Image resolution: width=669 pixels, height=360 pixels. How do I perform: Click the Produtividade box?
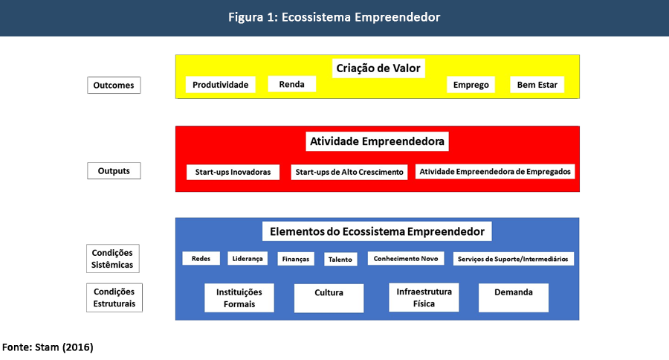pyautogui.click(x=220, y=85)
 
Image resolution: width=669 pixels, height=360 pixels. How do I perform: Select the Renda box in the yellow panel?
pyautogui.click(x=291, y=84)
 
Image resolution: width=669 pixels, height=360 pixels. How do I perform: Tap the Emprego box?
pyautogui.click(x=471, y=85)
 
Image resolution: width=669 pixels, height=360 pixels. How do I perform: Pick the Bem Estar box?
pyautogui.click(x=537, y=85)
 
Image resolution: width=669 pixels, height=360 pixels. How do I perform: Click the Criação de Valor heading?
pyautogui.click(x=378, y=68)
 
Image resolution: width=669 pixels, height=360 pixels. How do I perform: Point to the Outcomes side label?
pyautogui.click(x=114, y=86)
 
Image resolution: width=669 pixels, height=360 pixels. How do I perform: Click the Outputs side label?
pyautogui.click(x=114, y=171)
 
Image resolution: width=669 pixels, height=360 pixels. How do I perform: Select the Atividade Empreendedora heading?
pyautogui.click(x=377, y=141)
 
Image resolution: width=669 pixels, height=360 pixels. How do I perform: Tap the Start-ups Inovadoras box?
pyautogui.click(x=233, y=172)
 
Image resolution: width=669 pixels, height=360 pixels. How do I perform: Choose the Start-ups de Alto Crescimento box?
pyautogui.click(x=349, y=172)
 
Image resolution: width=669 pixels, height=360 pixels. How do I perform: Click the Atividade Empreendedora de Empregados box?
pyautogui.click(x=495, y=171)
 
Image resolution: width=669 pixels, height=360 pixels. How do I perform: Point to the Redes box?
pyautogui.click(x=201, y=259)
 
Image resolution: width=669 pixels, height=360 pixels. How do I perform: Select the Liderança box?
pyautogui.click(x=248, y=259)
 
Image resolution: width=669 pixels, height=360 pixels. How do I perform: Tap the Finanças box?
pyautogui.click(x=294, y=260)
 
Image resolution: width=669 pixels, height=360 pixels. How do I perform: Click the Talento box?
pyautogui.click(x=340, y=260)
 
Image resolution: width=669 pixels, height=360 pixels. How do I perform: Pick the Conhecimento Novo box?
pyautogui.click(x=406, y=259)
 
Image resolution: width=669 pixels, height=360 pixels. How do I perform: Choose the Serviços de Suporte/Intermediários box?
pyautogui.click(x=513, y=259)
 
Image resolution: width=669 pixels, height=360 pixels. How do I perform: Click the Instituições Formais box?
pyautogui.click(x=239, y=298)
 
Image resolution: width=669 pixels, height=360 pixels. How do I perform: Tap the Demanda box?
pyautogui.click(x=513, y=298)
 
